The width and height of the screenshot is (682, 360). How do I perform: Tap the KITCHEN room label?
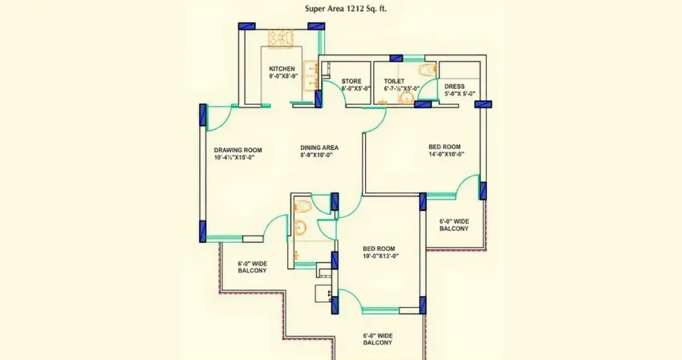pyautogui.click(x=282, y=69)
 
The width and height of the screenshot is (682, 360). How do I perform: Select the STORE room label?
pyautogui.click(x=351, y=81)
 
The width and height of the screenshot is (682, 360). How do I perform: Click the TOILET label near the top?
pyautogui.click(x=394, y=81)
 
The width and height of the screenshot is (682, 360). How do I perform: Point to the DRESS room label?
pyautogui.click(x=455, y=86)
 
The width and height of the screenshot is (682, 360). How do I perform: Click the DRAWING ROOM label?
pyautogui.click(x=237, y=150)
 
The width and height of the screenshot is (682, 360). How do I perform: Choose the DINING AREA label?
pyautogui.click(x=319, y=148)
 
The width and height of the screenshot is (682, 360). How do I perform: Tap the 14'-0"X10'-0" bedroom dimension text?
pyautogui.click(x=447, y=154)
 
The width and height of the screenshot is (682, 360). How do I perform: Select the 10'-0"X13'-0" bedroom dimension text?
pyautogui.click(x=380, y=256)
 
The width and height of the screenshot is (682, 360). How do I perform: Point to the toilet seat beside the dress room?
pyautogui.click(x=428, y=71)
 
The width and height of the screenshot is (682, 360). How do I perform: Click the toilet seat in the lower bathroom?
pyautogui.click(x=302, y=207)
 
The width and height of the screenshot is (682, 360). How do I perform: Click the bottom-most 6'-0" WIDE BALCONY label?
pyautogui.click(x=377, y=339)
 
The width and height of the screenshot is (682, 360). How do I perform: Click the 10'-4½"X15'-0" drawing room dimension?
pyautogui.click(x=234, y=158)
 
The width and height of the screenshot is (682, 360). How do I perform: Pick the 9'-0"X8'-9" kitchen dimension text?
pyautogui.click(x=282, y=77)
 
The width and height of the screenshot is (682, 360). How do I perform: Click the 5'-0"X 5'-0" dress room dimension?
pyautogui.click(x=460, y=94)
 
